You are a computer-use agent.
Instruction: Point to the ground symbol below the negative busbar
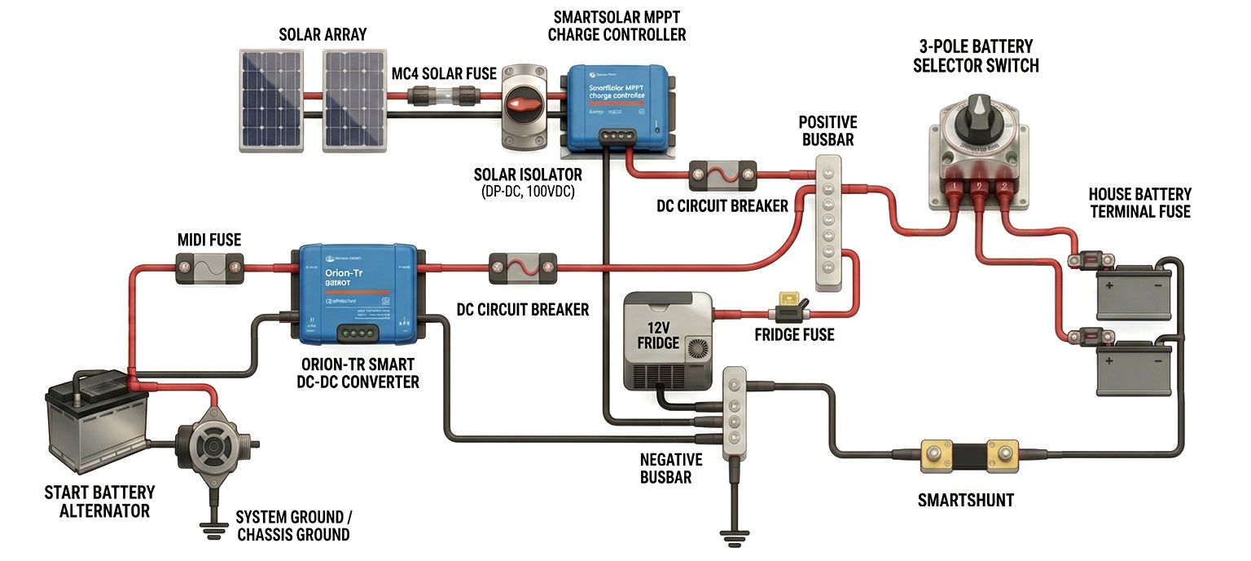tap(732, 534)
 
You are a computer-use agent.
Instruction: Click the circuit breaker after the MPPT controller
tap(722, 173)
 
